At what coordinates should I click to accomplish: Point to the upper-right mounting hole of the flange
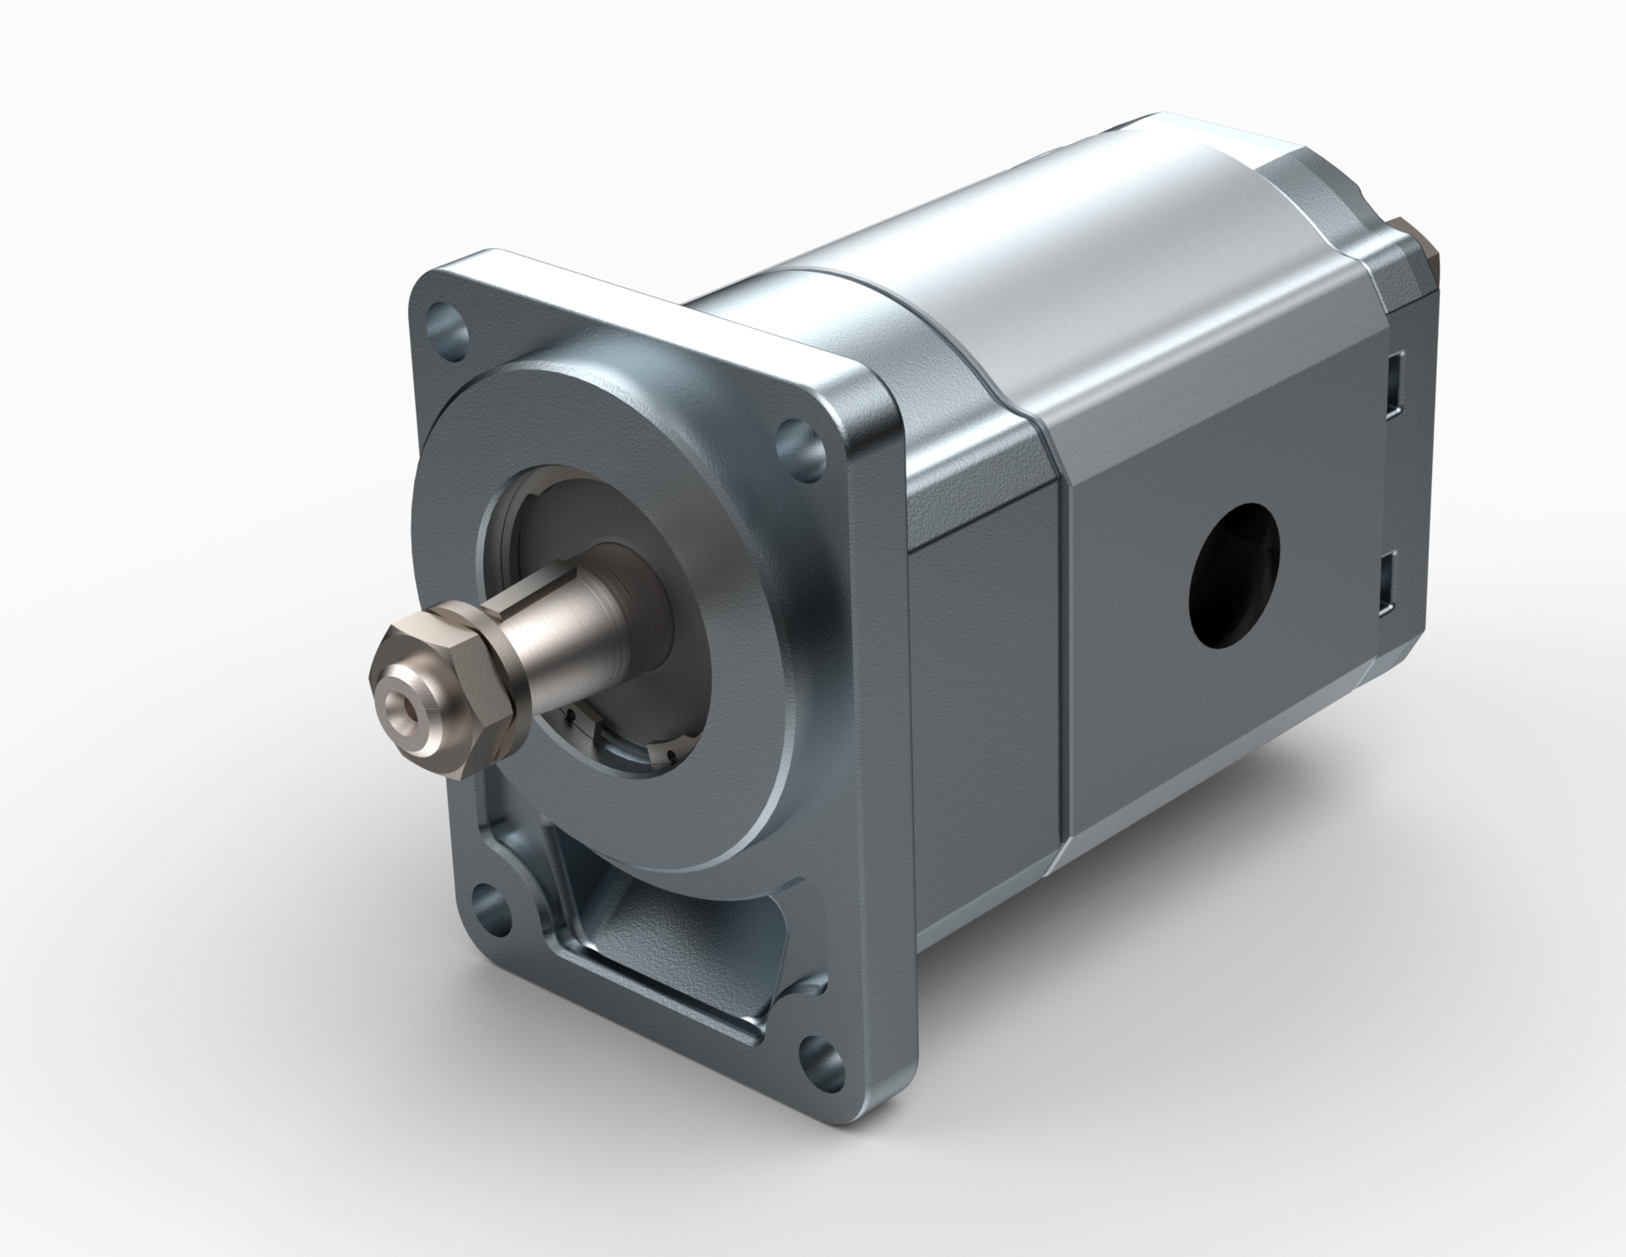799,441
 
